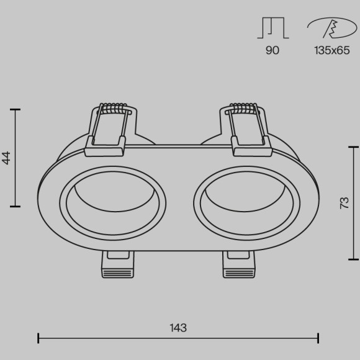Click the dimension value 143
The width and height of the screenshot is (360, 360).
(178, 328)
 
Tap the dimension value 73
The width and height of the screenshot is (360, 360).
(344, 203)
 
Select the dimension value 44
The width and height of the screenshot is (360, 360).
(6, 158)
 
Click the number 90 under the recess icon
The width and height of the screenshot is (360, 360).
(272, 50)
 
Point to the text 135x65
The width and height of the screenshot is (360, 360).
(332, 50)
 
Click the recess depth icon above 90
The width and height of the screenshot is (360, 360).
(273, 28)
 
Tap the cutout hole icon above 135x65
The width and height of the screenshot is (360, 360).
(332, 28)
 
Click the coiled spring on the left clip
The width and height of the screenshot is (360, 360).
(114, 108)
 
